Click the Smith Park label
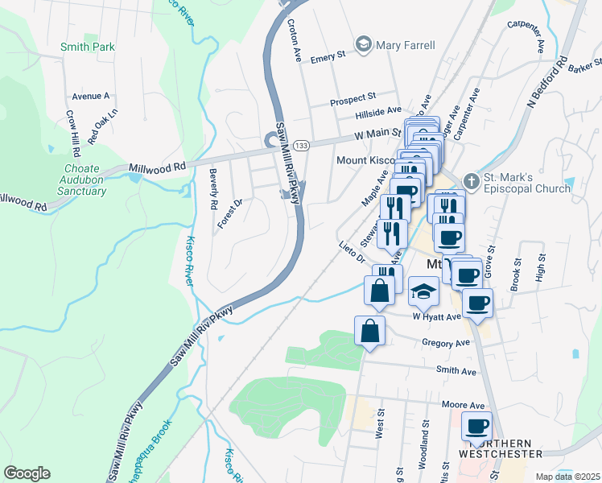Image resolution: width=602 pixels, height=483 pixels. pyautogui.click(x=88, y=47)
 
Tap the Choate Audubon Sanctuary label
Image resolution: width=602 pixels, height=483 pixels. pyautogui.click(x=84, y=180)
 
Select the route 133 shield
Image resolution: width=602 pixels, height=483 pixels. pyautogui.click(x=301, y=145)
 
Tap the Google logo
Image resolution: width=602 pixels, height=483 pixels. pyautogui.click(x=27, y=473)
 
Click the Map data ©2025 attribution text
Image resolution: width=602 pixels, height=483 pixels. pyautogui.click(x=567, y=477)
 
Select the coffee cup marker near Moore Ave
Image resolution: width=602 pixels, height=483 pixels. pyautogui.click(x=476, y=426)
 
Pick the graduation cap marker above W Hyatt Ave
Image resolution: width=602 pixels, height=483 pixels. pyautogui.click(x=423, y=291)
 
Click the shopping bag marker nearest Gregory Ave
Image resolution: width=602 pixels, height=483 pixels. pyautogui.click(x=369, y=330)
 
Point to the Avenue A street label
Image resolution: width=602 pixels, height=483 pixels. pyautogui.click(x=90, y=96)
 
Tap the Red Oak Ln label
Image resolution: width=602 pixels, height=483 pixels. pyautogui.click(x=103, y=126)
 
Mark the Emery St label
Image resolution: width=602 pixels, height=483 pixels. pyautogui.click(x=328, y=56)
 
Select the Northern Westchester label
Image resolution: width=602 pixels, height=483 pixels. pyautogui.click(x=500, y=448)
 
